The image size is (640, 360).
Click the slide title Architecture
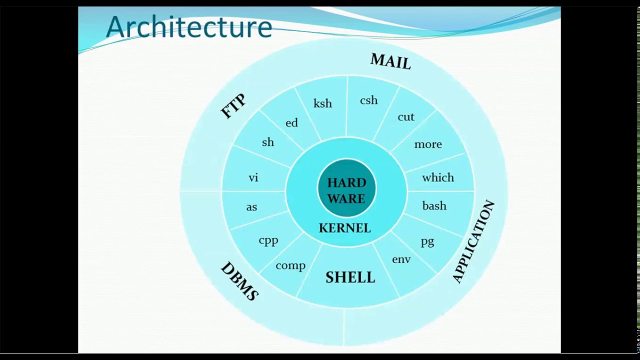188,27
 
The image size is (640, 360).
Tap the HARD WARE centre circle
346,190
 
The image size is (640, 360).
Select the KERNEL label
344,228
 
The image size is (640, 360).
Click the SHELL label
350,277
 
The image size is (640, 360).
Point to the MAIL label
390,61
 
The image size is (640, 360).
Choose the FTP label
233,105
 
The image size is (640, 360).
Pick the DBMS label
239,281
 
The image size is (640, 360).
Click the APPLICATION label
473,241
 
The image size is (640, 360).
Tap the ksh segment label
322,103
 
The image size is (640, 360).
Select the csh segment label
368,100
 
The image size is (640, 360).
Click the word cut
406,117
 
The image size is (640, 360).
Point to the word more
428,144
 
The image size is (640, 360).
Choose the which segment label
438,177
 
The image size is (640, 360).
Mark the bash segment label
434,206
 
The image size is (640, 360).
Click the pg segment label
427,242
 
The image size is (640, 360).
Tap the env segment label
401,259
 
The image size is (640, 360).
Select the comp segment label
290,266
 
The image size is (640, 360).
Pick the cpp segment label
268,240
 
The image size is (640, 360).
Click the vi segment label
253,177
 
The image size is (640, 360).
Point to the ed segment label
291,123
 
